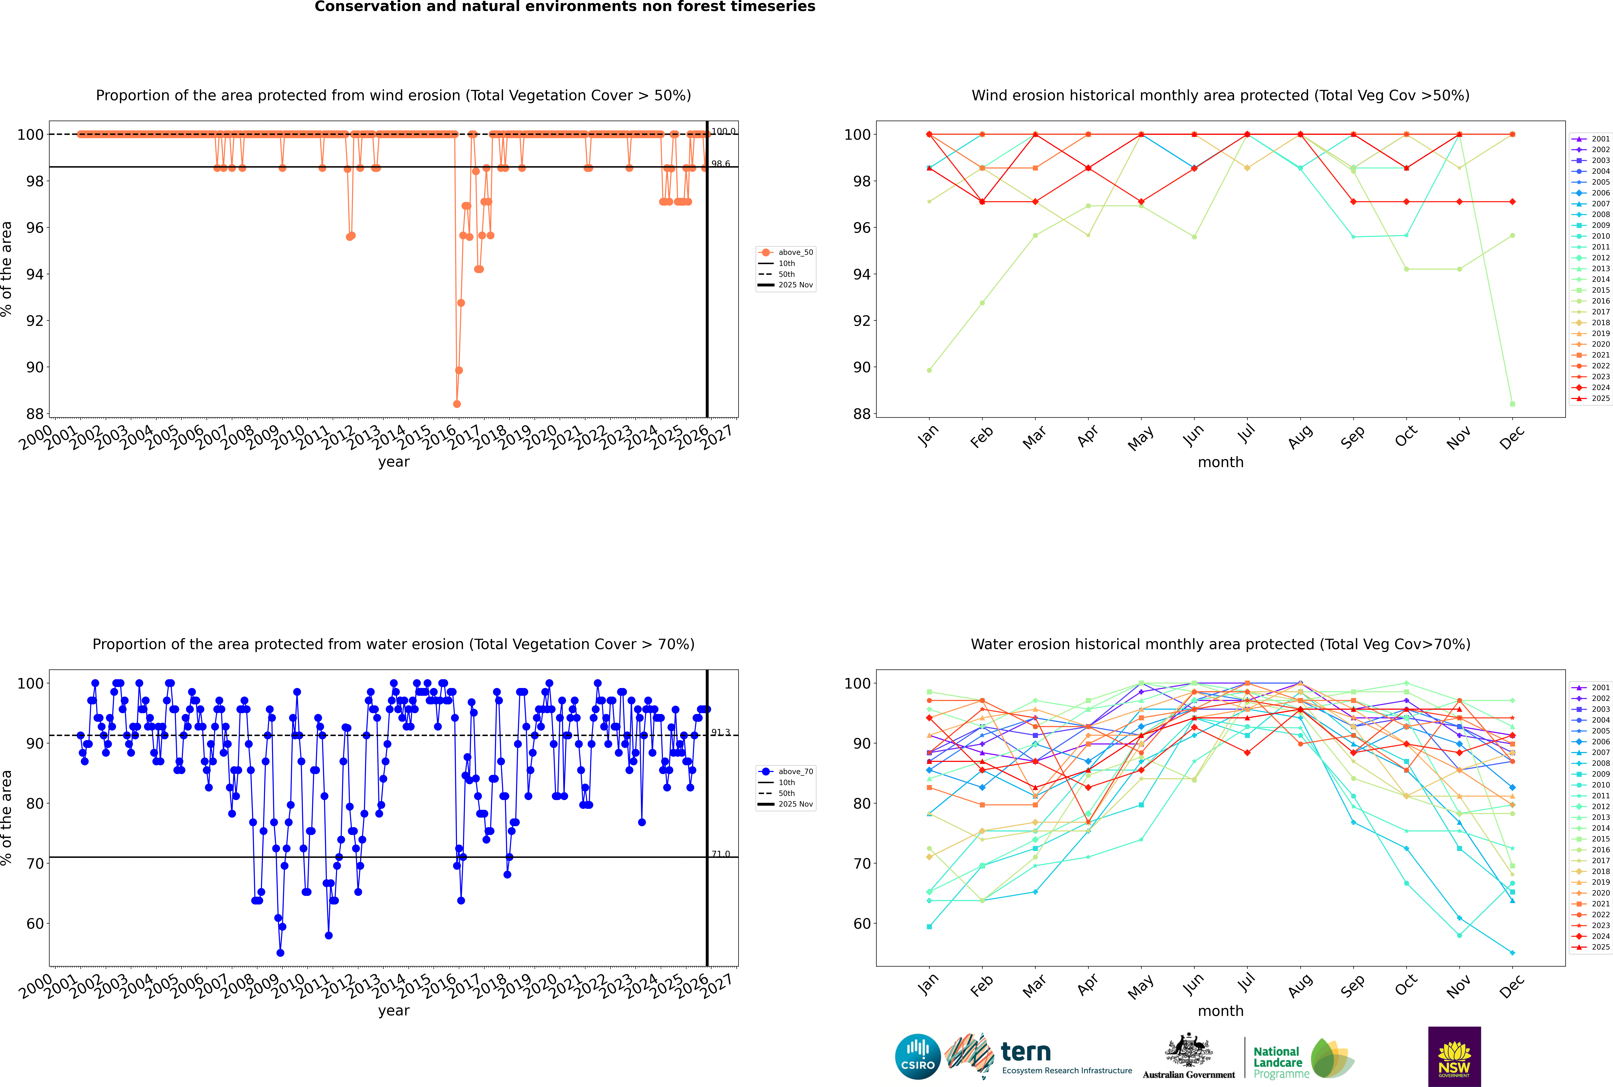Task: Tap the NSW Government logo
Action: [1454, 1056]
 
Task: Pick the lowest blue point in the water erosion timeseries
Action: [280, 952]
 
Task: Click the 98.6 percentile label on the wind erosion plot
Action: [721, 164]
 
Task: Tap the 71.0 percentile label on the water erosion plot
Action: [721, 854]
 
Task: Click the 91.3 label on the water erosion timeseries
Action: [721, 732]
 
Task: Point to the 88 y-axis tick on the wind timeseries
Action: [35, 414]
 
